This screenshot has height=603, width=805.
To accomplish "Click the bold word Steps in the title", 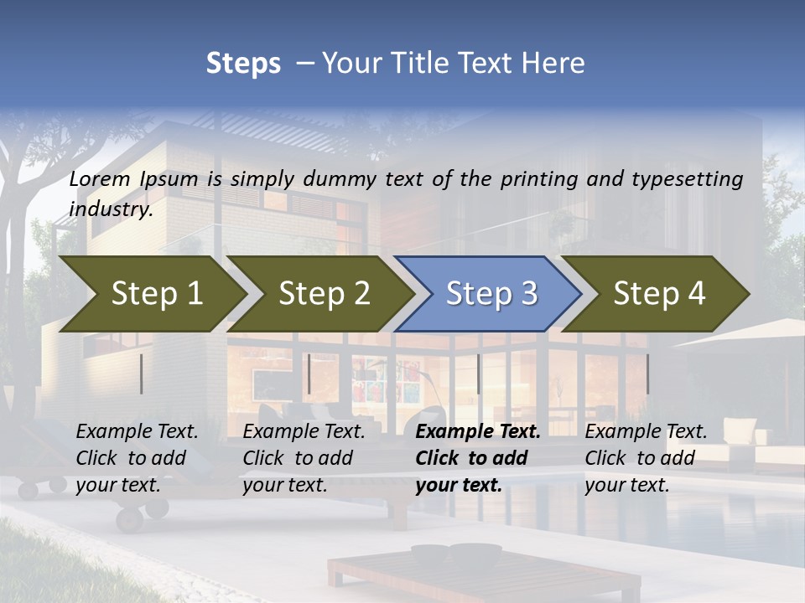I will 243,64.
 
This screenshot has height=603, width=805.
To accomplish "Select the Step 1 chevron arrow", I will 151,293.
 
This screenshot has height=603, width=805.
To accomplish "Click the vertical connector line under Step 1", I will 142,374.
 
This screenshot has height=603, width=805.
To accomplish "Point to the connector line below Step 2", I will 309,374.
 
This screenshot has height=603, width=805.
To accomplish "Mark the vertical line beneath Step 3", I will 479,374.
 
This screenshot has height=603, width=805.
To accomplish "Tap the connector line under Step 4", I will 647,374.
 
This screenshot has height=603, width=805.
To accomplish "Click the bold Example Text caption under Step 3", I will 477,458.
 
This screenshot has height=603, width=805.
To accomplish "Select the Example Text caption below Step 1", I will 137,458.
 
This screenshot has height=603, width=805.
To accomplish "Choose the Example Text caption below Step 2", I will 304,458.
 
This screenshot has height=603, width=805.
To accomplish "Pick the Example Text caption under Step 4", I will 645,458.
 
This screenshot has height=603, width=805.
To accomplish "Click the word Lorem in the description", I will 101,178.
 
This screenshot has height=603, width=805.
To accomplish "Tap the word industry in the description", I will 110,209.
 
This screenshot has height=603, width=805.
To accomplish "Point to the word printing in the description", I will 537,178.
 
